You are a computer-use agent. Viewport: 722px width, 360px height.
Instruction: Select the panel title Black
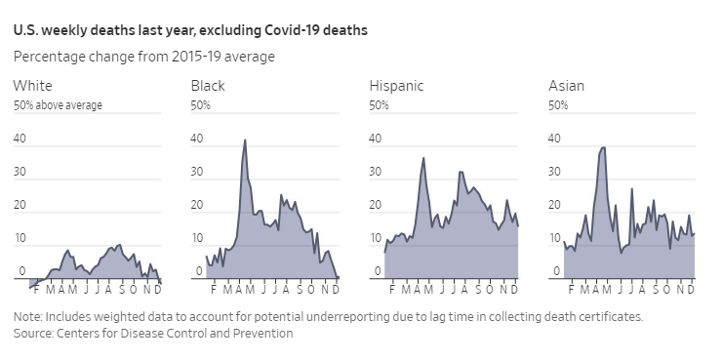click(208, 86)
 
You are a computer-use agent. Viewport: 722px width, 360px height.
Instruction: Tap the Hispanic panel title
click(396, 86)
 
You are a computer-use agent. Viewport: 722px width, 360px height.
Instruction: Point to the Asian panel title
click(566, 86)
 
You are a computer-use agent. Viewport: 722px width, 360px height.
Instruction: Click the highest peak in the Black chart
click(245, 140)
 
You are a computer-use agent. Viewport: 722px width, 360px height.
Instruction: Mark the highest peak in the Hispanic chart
click(423, 158)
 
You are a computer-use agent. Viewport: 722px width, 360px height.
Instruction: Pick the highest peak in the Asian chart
click(604, 147)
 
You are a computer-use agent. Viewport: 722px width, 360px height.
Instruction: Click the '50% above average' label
click(58, 105)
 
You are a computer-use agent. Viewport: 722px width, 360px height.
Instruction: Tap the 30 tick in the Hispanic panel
click(376, 173)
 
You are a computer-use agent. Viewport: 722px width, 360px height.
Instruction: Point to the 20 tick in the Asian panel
click(555, 206)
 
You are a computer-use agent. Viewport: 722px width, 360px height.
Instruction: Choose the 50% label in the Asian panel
click(558, 105)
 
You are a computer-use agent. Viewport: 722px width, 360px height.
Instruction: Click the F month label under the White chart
click(35, 290)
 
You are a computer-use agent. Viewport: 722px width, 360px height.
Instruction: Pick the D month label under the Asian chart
click(691, 290)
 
